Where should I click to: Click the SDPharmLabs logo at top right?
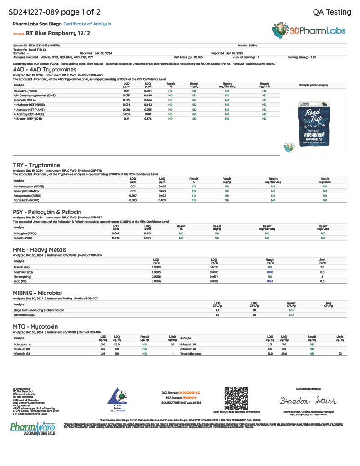[x=311, y=31]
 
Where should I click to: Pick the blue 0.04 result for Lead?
[x=270, y=281]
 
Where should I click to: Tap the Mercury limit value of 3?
[x=322, y=277]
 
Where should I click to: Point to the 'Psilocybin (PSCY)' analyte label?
[x=26, y=233]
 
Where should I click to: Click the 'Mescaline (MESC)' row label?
[x=26, y=91]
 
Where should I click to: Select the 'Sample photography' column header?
[x=313, y=85]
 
